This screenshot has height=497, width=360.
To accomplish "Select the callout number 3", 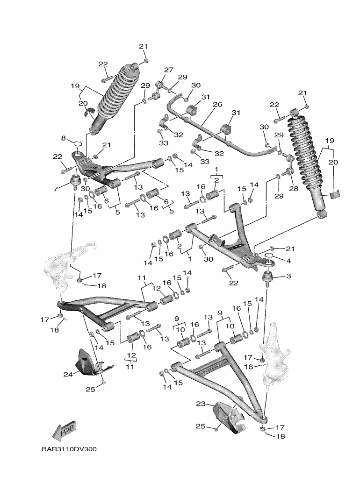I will (288, 277).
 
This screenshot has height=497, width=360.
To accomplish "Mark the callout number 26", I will (217, 105).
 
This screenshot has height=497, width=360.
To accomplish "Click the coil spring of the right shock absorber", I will (305, 149).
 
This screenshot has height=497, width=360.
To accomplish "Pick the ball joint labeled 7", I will (74, 181).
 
